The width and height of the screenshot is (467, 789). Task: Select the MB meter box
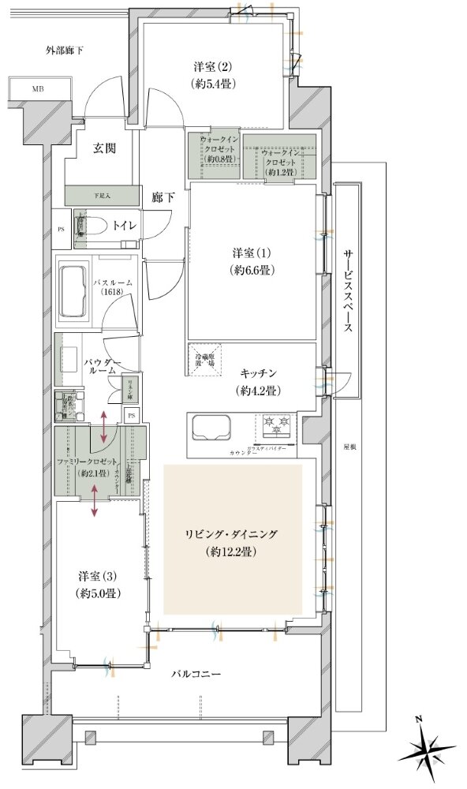37,88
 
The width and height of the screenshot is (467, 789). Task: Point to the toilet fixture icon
83,226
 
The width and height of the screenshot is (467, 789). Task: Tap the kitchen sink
209,428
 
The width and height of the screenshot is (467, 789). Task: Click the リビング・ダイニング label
233,534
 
